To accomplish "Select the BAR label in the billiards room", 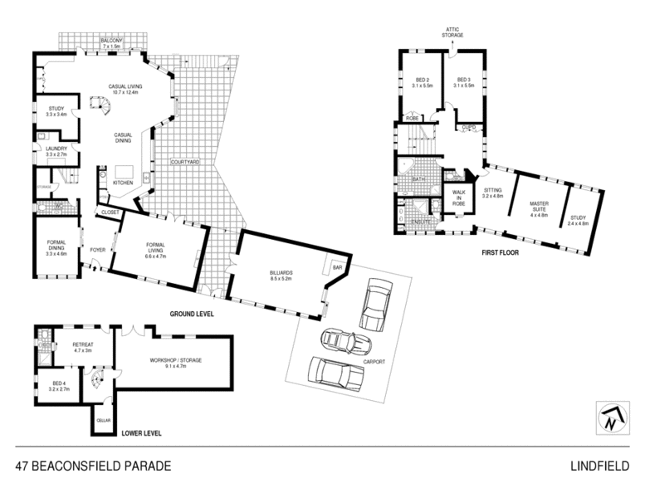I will pos(337,268).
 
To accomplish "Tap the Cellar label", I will pos(104,420).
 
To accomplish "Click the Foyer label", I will pos(98,249).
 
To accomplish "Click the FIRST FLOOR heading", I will pos(500,251).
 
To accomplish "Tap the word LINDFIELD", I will pos(599,466).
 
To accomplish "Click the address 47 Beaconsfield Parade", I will pos(93,466).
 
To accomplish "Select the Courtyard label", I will pos(185,162).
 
